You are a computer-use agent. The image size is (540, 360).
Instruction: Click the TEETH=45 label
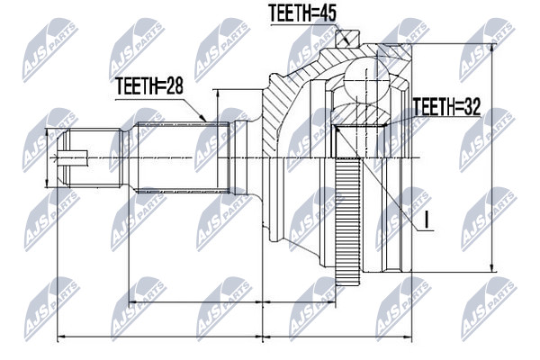[302, 13]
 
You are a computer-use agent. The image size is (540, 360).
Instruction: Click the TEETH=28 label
[148, 85]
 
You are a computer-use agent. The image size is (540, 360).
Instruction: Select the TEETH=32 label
[446, 107]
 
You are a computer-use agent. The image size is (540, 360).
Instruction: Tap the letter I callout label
[427, 220]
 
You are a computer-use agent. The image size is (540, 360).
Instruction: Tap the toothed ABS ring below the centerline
[347, 221]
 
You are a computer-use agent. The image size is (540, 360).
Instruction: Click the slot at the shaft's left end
[70, 157]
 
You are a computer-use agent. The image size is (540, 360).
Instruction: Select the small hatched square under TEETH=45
[347, 38]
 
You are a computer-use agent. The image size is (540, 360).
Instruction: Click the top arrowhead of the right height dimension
[492, 49]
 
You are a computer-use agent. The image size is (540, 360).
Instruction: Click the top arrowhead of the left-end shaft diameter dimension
[47, 133]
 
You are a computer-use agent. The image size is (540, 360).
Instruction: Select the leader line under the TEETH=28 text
[161, 110]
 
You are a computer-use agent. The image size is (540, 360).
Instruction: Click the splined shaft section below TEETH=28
[184, 157]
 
